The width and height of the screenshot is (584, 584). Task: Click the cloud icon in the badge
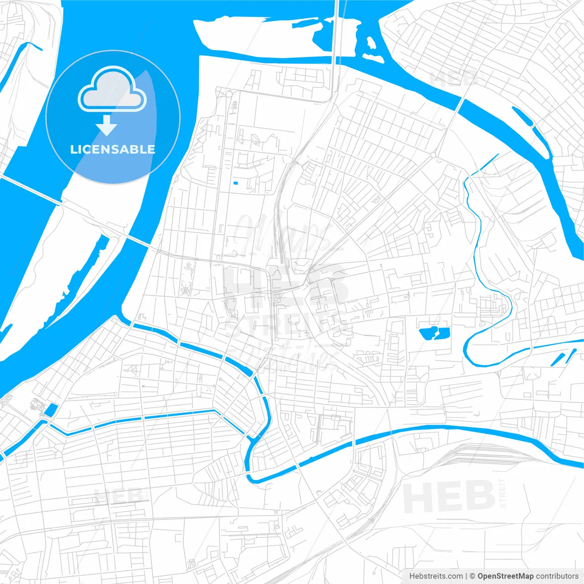coord(112,90)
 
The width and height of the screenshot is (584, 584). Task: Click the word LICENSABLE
coord(113,149)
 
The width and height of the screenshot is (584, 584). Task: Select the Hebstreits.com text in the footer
coord(436,576)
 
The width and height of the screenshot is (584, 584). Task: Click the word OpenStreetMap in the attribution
coord(505,576)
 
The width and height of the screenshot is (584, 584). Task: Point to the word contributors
coord(557,576)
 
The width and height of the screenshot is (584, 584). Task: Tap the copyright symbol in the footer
coord(472,576)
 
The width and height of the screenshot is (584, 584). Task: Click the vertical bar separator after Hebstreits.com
coord(466,576)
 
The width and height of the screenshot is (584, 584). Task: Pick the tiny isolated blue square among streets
coord(235,183)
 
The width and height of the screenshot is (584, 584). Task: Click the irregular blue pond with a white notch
coord(433,333)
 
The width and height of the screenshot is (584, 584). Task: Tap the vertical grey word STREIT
coord(503,493)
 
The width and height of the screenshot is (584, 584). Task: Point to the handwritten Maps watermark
coord(283,233)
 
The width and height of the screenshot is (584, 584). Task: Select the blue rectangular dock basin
coord(51,410)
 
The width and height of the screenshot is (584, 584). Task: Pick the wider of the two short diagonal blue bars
coord(558,359)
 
